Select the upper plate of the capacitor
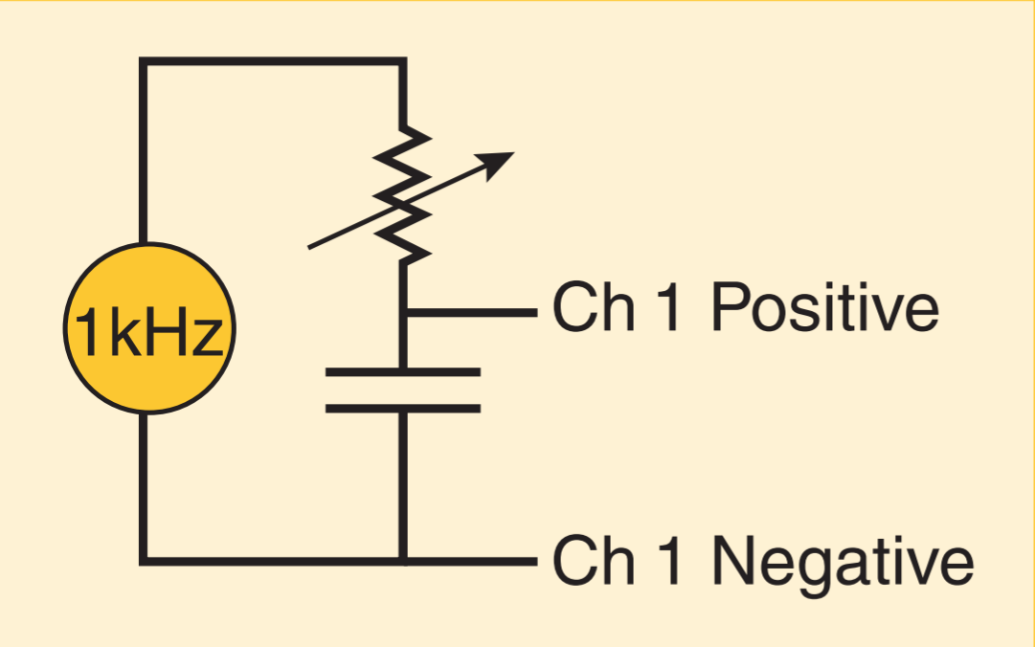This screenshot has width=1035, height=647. coord(403,371)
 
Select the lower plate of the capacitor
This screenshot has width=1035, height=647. coord(403,409)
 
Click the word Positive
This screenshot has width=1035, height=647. coord(824,309)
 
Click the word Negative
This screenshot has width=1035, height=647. coord(843,561)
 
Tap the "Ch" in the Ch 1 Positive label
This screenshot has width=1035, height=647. coord(586,309)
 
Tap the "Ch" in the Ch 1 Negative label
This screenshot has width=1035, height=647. coord(586,561)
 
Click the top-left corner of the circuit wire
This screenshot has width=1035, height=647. coord(144,61)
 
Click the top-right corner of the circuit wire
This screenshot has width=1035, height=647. coord(402,61)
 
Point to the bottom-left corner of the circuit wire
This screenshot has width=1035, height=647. coord(144,559)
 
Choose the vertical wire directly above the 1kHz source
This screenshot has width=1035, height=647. coord(144,153)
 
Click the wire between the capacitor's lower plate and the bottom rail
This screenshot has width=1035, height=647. coord(403,483)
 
